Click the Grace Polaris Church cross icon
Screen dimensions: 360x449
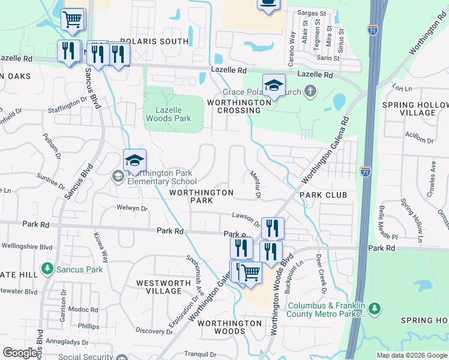click(x=310, y=91)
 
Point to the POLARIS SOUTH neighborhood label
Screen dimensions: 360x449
click(x=154, y=41)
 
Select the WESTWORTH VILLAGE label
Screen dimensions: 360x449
click(x=159, y=287)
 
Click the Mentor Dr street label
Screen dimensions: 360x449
click(x=255, y=183)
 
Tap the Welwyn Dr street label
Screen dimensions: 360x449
click(x=132, y=208)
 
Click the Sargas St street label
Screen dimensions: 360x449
click(x=314, y=12)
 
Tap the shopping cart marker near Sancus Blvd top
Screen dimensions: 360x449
click(x=73, y=19)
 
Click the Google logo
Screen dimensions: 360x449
click(x=20, y=353)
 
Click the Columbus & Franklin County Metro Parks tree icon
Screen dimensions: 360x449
click(x=375, y=308)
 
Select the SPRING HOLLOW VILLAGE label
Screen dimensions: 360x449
click(x=415, y=109)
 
